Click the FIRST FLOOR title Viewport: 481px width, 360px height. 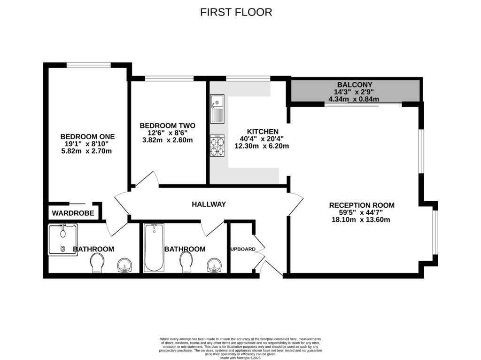(236, 12)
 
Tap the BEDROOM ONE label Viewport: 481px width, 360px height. (87, 136)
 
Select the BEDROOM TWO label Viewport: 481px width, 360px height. (167, 125)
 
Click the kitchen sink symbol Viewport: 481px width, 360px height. (217, 109)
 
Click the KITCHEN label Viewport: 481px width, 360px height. (263, 132)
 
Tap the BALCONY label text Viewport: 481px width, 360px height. (355, 85)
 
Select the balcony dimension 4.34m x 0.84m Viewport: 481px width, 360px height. (355, 99)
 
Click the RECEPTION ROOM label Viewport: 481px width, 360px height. (362, 205)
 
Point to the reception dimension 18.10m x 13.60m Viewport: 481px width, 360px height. (362, 219)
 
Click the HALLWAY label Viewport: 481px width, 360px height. (209, 204)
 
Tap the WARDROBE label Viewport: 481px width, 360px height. (73, 213)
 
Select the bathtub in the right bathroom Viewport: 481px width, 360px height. (153, 247)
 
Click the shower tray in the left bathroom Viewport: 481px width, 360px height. (62, 240)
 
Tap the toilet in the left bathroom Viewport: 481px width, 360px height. (98, 263)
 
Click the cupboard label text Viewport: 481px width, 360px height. (243, 249)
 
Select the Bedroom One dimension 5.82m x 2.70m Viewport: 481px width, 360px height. (87, 151)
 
